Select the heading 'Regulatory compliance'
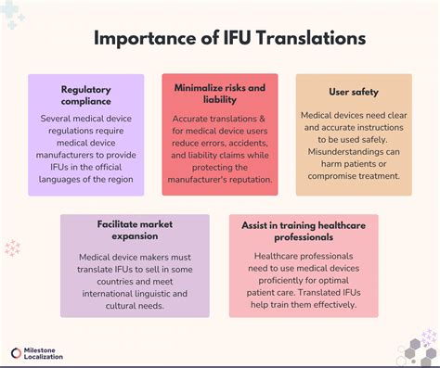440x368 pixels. point(86,95)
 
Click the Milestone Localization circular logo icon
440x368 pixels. point(17,352)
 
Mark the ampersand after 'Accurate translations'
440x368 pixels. point(250,120)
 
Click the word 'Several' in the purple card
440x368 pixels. point(58,119)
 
